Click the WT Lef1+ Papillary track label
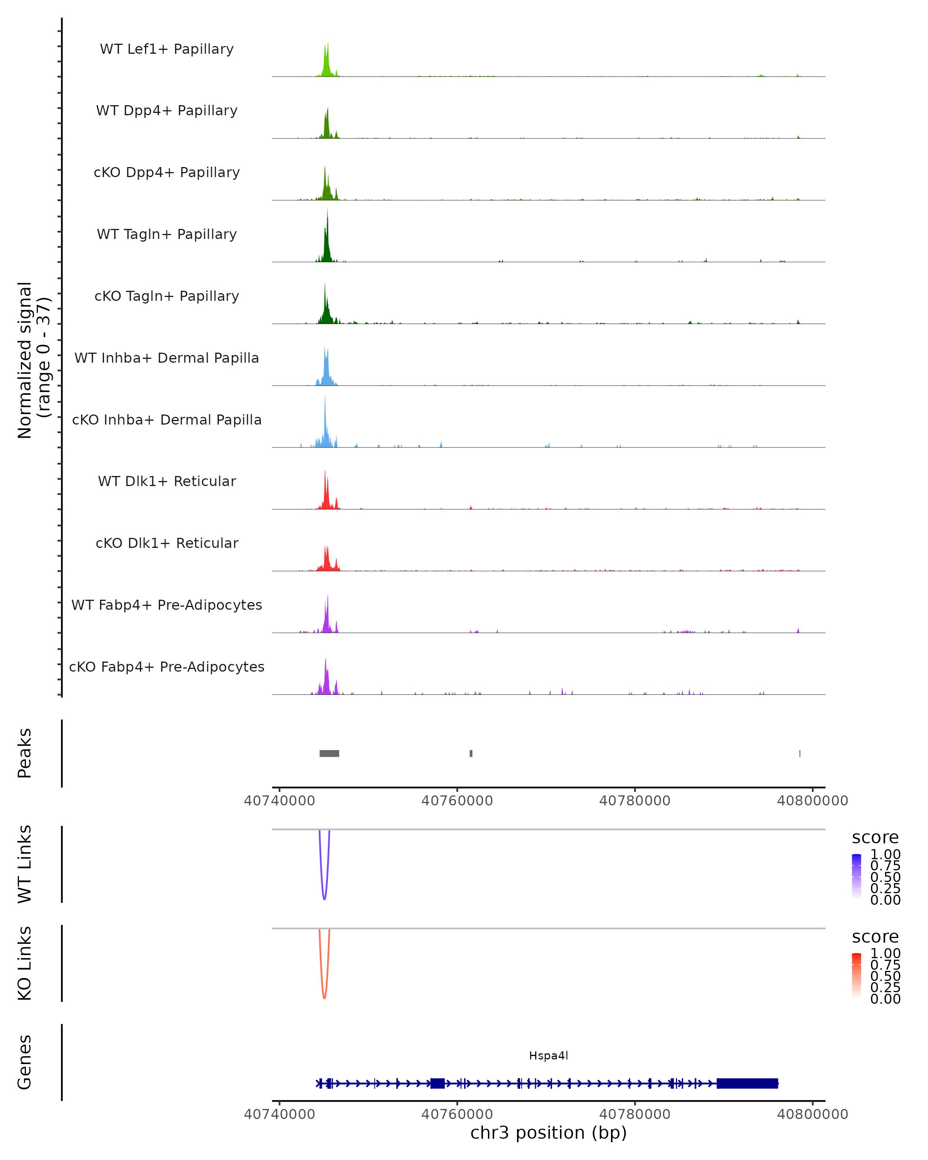coord(167,49)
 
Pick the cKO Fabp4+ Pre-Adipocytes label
coord(167,667)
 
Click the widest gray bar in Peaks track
coord(329,753)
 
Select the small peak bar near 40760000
coord(471,753)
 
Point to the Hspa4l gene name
coord(548,1056)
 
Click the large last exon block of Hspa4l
coord(747,1083)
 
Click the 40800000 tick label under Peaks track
coord(812,801)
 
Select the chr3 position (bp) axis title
coord(548,1133)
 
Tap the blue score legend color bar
coord(856,876)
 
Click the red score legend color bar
coord(856,975)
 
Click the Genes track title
coord(25,1062)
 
